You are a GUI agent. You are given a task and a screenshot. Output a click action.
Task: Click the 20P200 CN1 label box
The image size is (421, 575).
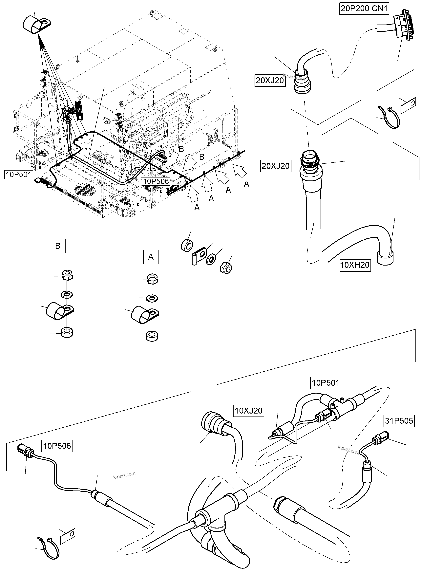[364, 9]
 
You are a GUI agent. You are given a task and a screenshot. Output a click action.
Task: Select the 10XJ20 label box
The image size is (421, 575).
[248, 411]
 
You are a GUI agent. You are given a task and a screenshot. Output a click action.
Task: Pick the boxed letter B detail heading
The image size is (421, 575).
[58, 246]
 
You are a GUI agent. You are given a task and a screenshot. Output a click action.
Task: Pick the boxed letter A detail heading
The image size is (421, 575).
[151, 257]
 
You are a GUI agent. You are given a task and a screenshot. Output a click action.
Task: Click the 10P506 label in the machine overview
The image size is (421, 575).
[156, 181]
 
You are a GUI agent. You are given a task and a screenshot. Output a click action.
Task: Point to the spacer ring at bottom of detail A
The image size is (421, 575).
[152, 336]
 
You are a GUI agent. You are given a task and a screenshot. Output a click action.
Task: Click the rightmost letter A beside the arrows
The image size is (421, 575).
[246, 184]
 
